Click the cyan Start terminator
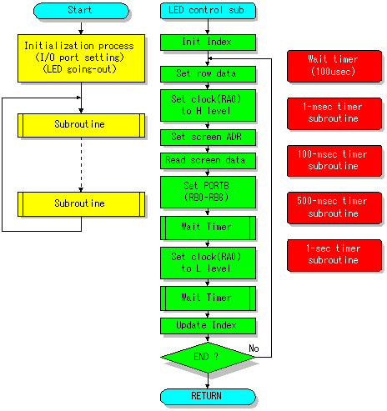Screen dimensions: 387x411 [x=81, y=11]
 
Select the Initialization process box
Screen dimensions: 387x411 [x=81, y=58]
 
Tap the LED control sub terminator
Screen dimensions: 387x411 [x=208, y=11]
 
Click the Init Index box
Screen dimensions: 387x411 [x=208, y=43]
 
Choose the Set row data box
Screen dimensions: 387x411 [x=208, y=74]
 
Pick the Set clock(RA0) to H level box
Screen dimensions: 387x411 [x=208, y=105]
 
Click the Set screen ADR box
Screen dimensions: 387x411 [x=208, y=138]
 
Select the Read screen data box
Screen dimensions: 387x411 [x=208, y=161]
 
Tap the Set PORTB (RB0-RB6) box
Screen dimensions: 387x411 [x=208, y=192]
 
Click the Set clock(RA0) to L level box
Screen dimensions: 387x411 [x=208, y=263]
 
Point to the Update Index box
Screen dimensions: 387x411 [x=208, y=326]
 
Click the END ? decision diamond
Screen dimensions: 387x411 [x=208, y=358]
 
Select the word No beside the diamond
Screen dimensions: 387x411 [x=254, y=348]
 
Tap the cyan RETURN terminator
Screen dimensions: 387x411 [x=208, y=397]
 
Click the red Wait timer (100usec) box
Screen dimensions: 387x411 [x=334, y=66]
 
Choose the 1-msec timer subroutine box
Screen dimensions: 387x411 [x=334, y=113]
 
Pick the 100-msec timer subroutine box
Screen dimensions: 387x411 [x=334, y=161]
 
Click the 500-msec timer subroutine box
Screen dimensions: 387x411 [x=334, y=208]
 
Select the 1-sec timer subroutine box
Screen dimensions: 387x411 [x=334, y=255]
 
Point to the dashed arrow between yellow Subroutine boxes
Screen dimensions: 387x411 [x=81, y=164]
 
